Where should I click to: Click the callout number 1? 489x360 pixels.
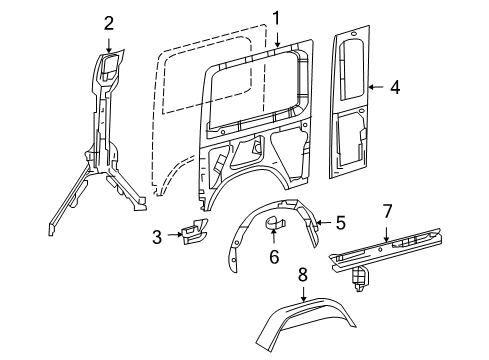click(275, 16)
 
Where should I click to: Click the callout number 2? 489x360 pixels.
click(109, 22)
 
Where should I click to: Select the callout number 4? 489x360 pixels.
click(395, 88)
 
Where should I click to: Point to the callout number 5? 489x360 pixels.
click(340, 223)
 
